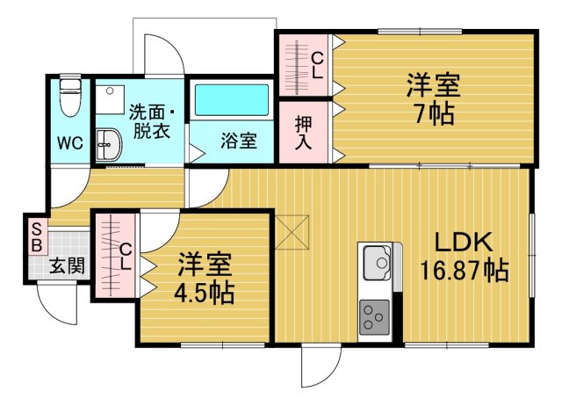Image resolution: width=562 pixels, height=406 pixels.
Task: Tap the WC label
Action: pyautogui.click(x=69, y=143)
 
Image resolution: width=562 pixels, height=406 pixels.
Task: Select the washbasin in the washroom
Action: pyautogui.click(x=108, y=143)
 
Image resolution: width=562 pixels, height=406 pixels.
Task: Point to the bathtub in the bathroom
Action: pyautogui.click(x=232, y=100)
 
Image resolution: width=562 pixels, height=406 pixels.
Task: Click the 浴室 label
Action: pyautogui.click(x=238, y=141)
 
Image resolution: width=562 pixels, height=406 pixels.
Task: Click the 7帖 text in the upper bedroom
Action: pyautogui.click(x=433, y=114)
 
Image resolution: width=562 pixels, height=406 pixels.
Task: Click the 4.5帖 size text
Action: pyautogui.click(x=205, y=293)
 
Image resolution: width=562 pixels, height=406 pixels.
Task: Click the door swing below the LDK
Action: pyautogui.click(x=320, y=365)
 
